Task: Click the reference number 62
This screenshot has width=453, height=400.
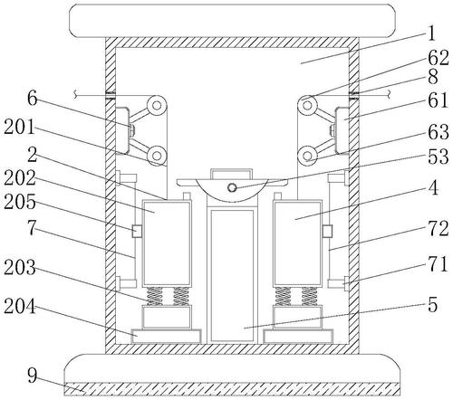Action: point(438,58)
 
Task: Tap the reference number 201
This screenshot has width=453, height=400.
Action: point(20,127)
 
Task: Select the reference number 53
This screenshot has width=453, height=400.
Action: point(439,156)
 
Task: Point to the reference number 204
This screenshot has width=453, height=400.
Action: point(20,308)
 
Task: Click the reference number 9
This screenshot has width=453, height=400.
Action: point(33,376)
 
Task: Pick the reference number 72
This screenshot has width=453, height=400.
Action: point(439,228)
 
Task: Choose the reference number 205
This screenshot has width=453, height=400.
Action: point(20,201)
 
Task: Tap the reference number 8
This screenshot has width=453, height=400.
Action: point(433,77)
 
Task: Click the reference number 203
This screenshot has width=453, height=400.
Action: point(20,267)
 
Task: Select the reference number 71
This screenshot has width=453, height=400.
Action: point(438,264)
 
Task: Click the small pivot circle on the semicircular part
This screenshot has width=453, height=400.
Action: point(232,187)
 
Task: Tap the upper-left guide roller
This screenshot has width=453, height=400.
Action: point(157,106)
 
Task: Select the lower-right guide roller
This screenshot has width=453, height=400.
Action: point(307,157)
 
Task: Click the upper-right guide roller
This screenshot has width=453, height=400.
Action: point(307,106)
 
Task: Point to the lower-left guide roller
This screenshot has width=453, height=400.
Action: point(157,156)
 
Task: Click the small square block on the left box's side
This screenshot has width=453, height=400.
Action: point(138,231)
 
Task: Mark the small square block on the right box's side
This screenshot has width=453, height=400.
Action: point(327,231)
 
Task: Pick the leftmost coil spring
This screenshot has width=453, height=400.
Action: point(154,296)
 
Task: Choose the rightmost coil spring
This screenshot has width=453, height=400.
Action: point(310,296)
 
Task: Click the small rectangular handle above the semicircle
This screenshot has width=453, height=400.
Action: point(232,174)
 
